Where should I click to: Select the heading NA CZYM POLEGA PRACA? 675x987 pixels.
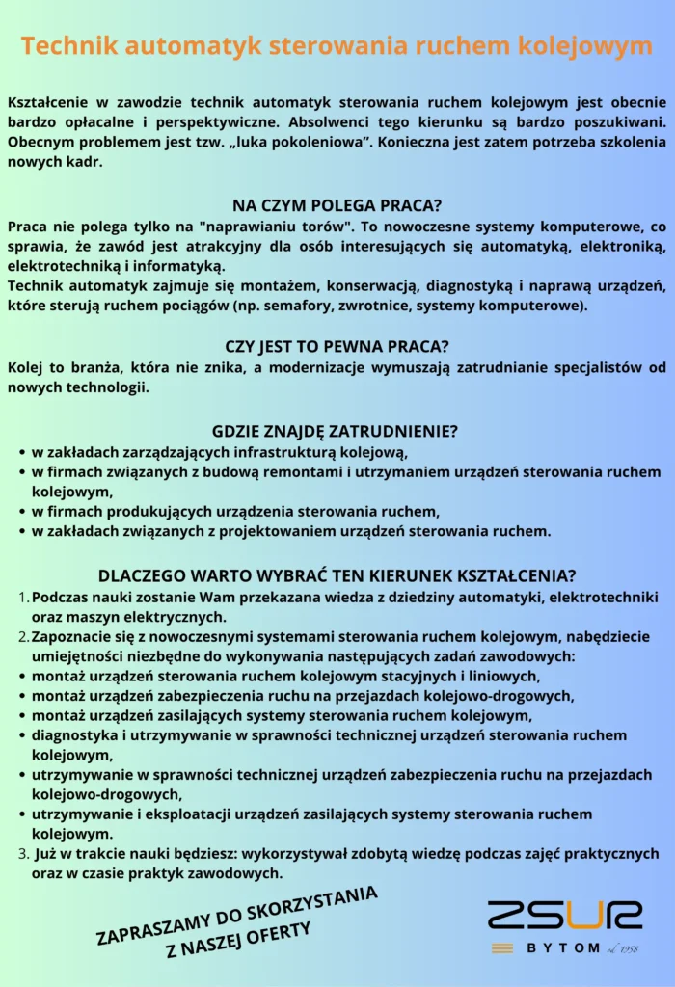(337, 204)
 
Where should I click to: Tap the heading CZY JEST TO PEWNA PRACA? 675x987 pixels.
(337, 346)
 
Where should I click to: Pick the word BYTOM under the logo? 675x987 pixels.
(563, 948)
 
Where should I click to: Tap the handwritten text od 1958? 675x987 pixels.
(622, 948)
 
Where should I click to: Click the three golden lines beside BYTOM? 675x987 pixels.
(501, 948)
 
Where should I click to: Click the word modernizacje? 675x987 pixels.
(344, 367)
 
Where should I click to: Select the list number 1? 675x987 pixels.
(23, 599)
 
